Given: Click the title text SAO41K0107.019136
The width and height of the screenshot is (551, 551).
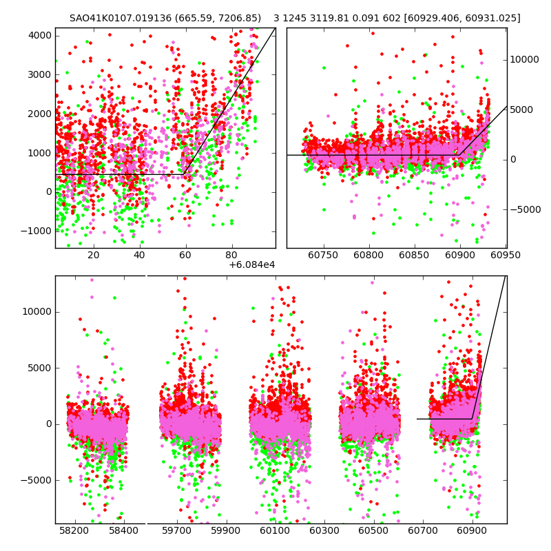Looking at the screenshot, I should click(116, 18).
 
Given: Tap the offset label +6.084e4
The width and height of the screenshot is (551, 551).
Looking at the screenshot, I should click(251, 264).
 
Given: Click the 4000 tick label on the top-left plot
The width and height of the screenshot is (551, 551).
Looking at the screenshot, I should click(39, 35).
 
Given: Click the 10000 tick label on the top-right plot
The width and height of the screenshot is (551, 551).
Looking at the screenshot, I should click(524, 60).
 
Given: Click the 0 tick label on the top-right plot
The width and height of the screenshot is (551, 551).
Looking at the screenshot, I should click(513, 160).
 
